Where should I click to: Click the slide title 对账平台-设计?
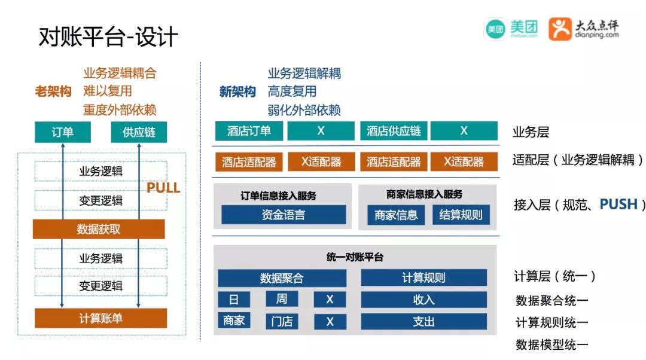pos(108,37)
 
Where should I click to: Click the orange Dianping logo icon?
pos(560,28)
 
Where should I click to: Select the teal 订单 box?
pos(62,132)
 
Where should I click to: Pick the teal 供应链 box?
pos(139,132)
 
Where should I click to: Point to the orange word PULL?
pos(163,188)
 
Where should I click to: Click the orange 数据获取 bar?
pos(99,229)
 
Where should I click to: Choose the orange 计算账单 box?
pos(100,318)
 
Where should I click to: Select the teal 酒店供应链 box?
pos(394,131)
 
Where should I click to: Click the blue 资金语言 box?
pos(284,215)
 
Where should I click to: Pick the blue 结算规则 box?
pos(461,215)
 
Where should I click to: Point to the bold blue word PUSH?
pos(618,204)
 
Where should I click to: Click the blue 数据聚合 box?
pos(282,278)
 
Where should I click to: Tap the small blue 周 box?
pos(282,299)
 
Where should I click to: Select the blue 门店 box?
pos(282,321)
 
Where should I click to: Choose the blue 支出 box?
pos(423,321)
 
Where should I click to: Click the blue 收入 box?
pos(423,300)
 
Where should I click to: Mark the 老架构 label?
pos(53,91)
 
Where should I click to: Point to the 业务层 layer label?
pos(531,132)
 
